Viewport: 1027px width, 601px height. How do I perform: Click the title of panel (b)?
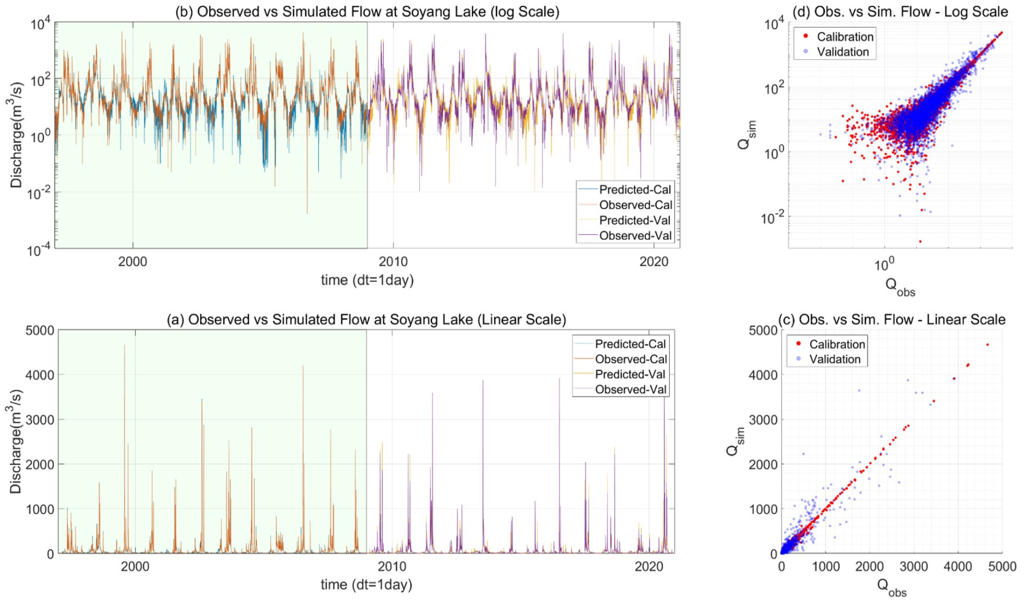(x=367, y=12)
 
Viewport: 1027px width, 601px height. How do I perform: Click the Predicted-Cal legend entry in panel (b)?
(x=634, y=189)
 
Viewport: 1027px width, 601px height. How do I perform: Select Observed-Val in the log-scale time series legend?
(x=635, y=236)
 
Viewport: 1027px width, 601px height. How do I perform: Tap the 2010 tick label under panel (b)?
(x=393, y=262)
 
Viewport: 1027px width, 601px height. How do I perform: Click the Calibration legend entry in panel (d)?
(x=845, y=36)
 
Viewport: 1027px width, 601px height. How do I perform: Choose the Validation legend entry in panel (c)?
(x=835, y=359)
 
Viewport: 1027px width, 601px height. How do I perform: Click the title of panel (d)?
(x=900, y=12)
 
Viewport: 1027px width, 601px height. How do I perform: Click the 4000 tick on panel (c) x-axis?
(x=957, y=567)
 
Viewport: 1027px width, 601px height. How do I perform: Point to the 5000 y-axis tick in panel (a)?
(x=40, y=330)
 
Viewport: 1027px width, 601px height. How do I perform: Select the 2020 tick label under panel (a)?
(x=649, y=567)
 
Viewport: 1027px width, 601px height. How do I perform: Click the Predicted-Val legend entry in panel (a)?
(x=630, y=374)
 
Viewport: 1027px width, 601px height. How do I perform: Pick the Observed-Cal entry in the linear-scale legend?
(x=631, y=359)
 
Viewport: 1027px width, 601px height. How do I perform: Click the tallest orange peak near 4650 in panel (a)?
(x=125, y=346)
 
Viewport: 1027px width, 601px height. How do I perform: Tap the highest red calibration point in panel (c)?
(x=987, y=345)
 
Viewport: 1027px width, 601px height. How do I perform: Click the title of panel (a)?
(x=366, y=320)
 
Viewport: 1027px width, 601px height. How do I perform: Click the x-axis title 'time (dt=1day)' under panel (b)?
(x=367, y=280)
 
